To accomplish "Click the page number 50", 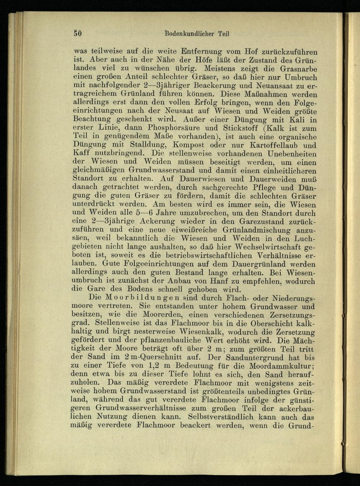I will click(78, 33).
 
